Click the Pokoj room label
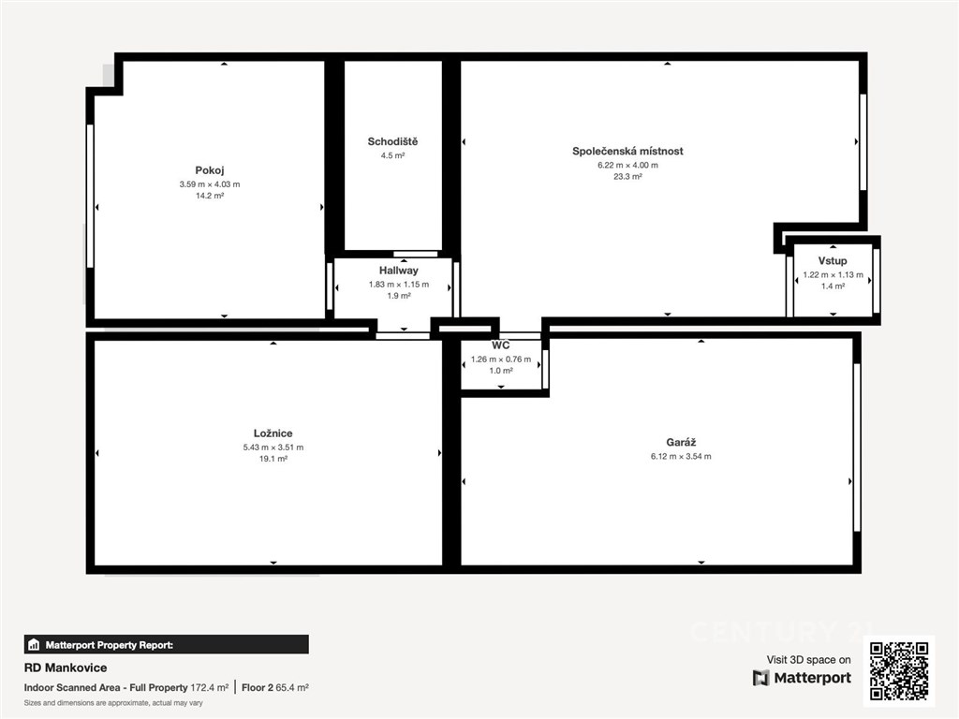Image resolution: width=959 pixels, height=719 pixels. (210, 170)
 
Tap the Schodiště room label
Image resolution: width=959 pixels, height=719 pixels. (392, 142)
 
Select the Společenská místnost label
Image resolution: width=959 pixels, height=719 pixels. (627, 151)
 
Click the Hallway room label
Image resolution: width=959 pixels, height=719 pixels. (399, 271)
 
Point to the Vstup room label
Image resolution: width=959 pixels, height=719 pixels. (833, 261)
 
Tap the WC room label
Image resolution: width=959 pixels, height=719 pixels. (501, 345)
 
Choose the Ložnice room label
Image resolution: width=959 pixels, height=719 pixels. (273, 433)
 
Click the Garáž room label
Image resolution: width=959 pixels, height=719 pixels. (682, 442)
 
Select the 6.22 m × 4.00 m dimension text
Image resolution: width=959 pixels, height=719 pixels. (627, 165)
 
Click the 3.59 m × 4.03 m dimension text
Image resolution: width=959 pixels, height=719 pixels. (210, 184)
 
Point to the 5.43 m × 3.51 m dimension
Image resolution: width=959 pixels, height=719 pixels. (273, 447)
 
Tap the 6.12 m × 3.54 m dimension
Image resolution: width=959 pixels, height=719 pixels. (682, 456)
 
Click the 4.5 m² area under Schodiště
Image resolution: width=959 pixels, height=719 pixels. (392, 155)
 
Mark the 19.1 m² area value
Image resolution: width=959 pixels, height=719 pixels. (273, 459)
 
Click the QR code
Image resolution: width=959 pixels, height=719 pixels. (899, 670)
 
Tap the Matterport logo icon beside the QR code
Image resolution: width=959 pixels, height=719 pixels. (760, 678)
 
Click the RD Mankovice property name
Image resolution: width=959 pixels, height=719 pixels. (66, 668)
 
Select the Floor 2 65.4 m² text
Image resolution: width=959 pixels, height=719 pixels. (275, 687)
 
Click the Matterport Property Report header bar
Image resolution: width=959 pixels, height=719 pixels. (167, 644)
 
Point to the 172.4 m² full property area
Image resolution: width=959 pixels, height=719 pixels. (209, 687)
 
